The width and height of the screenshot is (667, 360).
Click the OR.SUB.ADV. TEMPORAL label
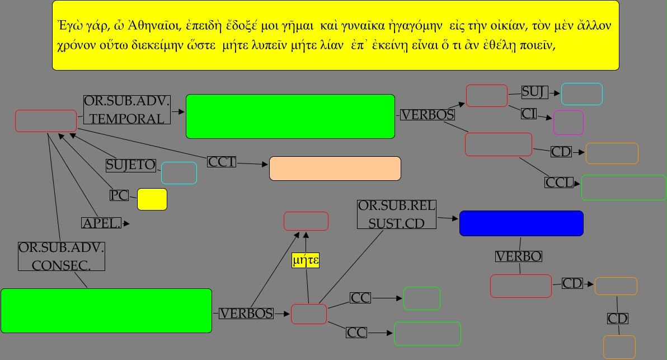click(126, 110)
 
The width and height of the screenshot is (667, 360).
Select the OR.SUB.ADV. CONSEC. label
click(62, 256)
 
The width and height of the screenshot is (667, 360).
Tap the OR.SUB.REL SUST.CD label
click(397, 214)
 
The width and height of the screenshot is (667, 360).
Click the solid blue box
click(521, 223)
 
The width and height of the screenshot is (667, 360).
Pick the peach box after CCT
click(335, 169)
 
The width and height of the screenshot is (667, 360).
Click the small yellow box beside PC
click(152, 199)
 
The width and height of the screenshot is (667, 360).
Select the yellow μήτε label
click(306, 260)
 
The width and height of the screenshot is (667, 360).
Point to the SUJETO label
click(131, 165)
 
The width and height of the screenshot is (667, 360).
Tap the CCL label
click(560, 183)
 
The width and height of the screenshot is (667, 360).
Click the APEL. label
click(101, 223)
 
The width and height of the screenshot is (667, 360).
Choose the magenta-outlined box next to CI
click(568, 123)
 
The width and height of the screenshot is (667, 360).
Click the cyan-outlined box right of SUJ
click(581, 93)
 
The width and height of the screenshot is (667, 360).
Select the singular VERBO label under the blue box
click(519, 256)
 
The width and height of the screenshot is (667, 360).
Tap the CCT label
click(222, 162)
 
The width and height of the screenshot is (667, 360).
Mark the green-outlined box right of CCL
click(623, 188)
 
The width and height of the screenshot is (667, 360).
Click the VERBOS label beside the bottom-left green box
click(246, 314)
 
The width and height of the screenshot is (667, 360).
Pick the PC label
click(119, 195)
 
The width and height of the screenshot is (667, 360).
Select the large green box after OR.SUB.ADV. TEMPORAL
click(290, 116)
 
